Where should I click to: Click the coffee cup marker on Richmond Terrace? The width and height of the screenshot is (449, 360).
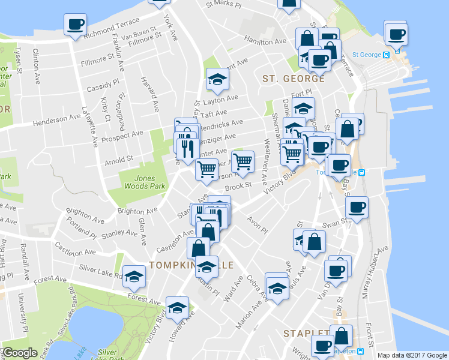[76, 25]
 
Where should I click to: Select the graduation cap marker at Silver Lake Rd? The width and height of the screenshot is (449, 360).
[134, 275]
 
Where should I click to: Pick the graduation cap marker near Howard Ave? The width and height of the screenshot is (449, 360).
[177, 308]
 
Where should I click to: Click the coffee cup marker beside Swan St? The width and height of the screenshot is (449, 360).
[357, 208]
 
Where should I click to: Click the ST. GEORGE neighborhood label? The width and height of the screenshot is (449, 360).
[294, 79]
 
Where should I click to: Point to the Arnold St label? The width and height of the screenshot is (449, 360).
[118, 160]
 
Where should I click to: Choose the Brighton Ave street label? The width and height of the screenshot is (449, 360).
[137, 211]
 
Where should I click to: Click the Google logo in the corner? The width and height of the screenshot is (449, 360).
[19, 353]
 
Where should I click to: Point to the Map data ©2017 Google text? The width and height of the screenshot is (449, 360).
[412, 355]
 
